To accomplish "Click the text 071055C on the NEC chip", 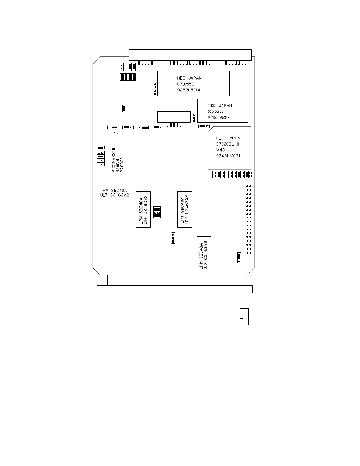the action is (x=185, y=84).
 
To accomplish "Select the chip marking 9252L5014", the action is (x=188, y=90).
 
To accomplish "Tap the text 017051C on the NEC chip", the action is (x=215, y=112).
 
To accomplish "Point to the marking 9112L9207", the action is (x=218, y=117).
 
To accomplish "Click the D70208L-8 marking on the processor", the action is (x=228, y=144).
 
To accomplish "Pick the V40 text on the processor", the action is (x=220, y=150).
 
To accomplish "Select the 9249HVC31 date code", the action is (x=228, y=156).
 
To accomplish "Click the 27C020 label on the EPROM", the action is (x=122, y=165).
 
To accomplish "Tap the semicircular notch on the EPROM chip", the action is (x=116, y=133).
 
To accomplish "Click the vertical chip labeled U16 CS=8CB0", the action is (x=143, y=209).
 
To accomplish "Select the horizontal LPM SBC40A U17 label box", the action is (x=115, y=193).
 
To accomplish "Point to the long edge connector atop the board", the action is (x=190, y=55).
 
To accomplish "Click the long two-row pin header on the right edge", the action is (x=248, y=219).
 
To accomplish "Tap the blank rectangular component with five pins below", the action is (x=174, y=117).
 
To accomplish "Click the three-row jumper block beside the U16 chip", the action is (x=157, y=212).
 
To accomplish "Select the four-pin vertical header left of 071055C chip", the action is (x=155, y=89).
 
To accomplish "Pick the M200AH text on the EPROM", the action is (x=118, y=165).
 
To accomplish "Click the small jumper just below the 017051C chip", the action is (x=204, y=126).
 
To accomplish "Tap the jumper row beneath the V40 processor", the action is (x=229, y=174).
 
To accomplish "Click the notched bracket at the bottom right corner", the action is (x=244, y=317).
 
